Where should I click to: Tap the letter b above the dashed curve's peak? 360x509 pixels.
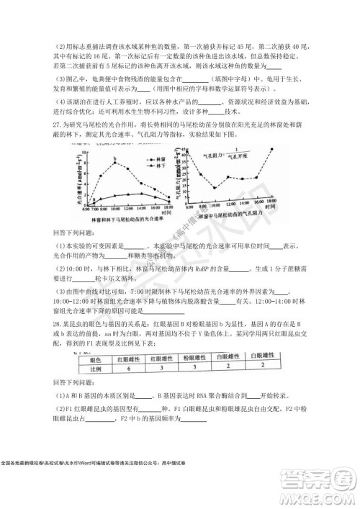coord(114,160)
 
